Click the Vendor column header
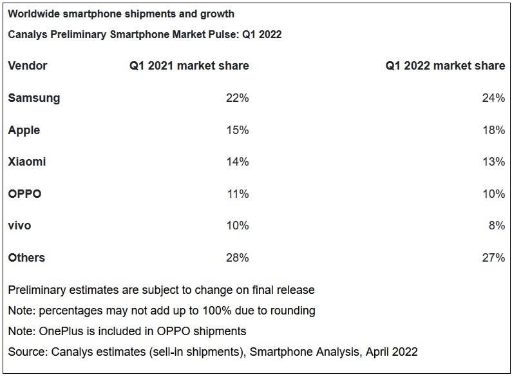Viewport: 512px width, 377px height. (x=28, y=66)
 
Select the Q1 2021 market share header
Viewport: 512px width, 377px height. (x=189, y=66)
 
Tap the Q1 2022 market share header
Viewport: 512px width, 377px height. (x=445, y=66)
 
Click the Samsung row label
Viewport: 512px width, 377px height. (x=34, y=98)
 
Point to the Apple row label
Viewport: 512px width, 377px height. (x=24, y=130)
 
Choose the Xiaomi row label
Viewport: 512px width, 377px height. (x=27, y=162)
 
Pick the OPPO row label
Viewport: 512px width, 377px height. (x=24, y=193)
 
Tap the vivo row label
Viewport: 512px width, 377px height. (x=19, y=226)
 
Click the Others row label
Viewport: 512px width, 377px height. (x=26, y=258)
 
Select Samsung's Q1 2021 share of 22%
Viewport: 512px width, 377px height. (x=237, y=98)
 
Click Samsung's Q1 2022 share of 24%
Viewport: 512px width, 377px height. (x=493, y=98)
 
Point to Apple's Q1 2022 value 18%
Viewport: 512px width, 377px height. (x=493, y=130)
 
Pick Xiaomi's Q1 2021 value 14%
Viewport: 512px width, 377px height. (x=237, y=162)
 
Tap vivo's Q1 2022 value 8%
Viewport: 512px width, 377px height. (x=496, y=226)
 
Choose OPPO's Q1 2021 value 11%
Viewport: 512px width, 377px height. (x=237, y=193)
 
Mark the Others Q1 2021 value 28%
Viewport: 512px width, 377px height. (x=237, y=258)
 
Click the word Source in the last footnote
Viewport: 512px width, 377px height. (x=26, y=352)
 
